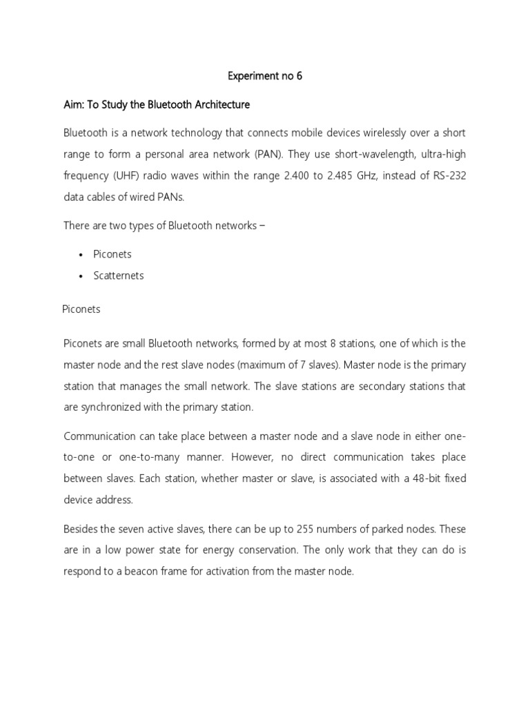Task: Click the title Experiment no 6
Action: (x=265, y=77)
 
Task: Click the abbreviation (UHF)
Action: (x=128, y=176)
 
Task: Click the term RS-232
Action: (x=449, y=176)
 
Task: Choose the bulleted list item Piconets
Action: (x=112, y=254)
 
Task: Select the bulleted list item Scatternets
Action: (x=119, y=275)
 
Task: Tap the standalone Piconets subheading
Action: (x=81, y=309)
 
